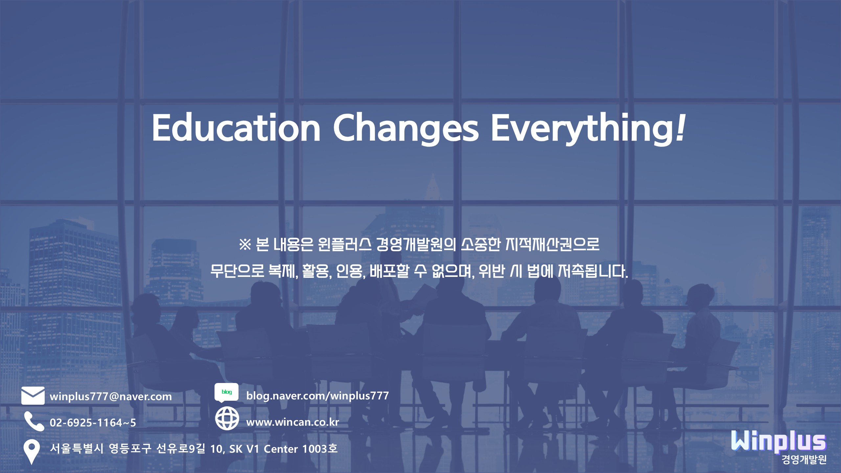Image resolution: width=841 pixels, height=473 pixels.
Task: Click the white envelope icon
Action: coord(33,395)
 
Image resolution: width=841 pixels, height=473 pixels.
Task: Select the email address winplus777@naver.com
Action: coord(111,396)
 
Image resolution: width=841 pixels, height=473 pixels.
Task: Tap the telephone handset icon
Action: coord(34,421)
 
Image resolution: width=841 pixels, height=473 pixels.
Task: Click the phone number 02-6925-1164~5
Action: coord(93,422)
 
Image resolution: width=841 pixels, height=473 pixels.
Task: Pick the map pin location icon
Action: coord(32,452)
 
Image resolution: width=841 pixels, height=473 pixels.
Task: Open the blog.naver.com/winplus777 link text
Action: coord(317,395)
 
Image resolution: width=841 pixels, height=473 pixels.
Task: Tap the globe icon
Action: coord(227,418)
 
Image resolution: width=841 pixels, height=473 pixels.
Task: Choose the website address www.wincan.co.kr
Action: coord(292,422)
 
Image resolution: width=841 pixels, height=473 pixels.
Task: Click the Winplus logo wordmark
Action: coord(778,441)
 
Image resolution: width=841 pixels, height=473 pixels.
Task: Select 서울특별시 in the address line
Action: coord(77,448)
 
